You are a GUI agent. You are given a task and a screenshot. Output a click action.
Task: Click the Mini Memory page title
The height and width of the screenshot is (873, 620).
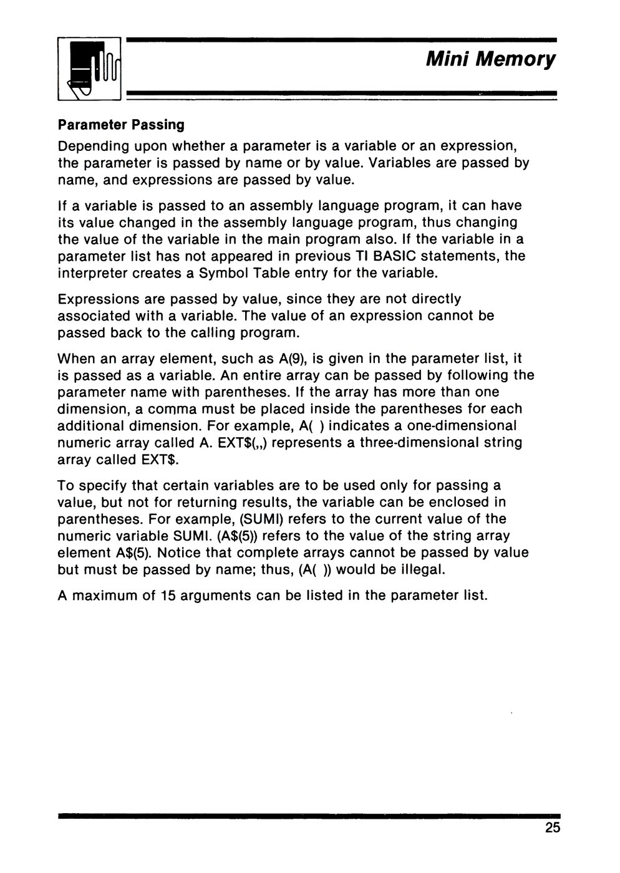pyautogui.click(x=490, y=60)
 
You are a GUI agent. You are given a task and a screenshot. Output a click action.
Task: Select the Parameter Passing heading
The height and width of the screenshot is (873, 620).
pyautogui.click(x=121, y=125)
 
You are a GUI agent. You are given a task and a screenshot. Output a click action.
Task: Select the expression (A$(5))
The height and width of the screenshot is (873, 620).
pyautogui.click(x=240, y=536)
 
